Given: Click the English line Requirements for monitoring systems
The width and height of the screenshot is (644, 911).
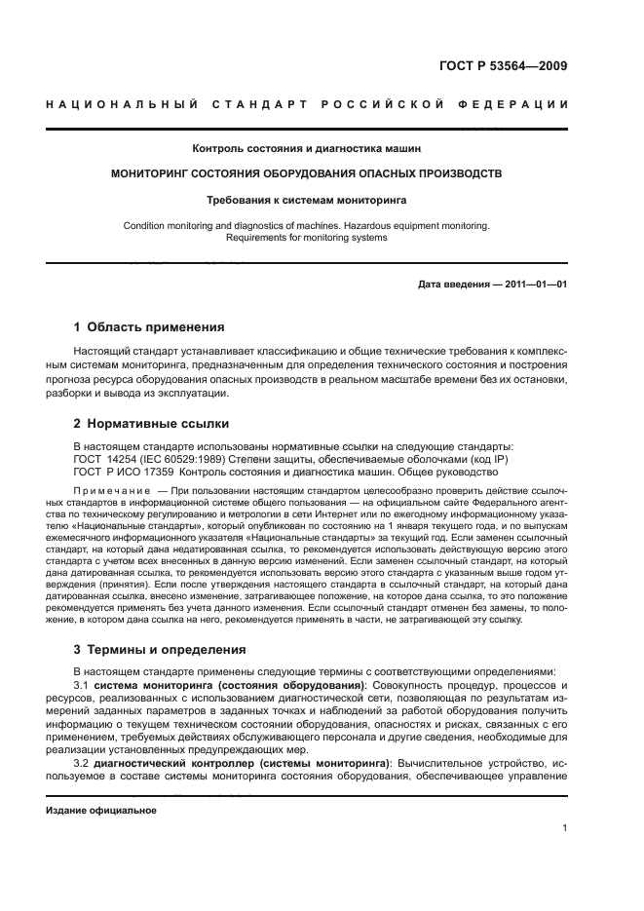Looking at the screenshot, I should (307, 237).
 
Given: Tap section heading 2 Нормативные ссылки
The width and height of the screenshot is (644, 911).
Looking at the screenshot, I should (152, 424).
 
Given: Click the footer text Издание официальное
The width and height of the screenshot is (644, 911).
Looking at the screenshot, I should (101, 810).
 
